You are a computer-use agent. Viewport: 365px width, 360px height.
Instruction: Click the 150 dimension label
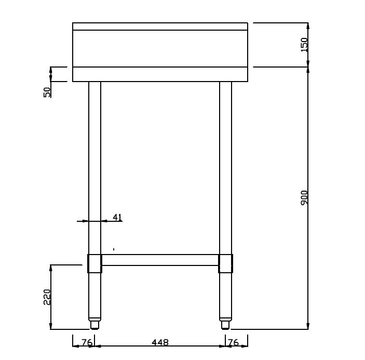305,45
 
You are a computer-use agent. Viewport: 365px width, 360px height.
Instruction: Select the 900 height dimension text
305,197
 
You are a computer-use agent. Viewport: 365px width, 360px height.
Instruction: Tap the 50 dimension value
47,92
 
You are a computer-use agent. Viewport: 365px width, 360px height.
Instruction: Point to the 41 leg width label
117,217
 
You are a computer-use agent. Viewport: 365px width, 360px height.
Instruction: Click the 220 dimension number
47,297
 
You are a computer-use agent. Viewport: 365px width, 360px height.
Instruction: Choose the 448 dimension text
160,343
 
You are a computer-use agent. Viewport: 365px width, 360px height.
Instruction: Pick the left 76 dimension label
87,343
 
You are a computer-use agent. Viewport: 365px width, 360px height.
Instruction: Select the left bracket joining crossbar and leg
94,263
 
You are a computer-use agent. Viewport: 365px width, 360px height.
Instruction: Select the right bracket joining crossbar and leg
225,263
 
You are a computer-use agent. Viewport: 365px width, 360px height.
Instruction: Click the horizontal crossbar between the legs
160,260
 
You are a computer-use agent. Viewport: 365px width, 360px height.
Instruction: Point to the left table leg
94,166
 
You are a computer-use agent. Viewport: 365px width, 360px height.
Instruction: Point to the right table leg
225,166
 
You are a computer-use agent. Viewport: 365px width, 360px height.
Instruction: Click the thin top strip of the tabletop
160,26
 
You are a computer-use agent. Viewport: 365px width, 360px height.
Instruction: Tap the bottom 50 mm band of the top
160,74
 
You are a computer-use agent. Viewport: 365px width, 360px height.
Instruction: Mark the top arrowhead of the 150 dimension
308,26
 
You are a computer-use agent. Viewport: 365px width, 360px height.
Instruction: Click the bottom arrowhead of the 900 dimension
308,326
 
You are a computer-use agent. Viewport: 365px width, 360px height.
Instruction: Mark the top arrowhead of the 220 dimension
51,268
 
